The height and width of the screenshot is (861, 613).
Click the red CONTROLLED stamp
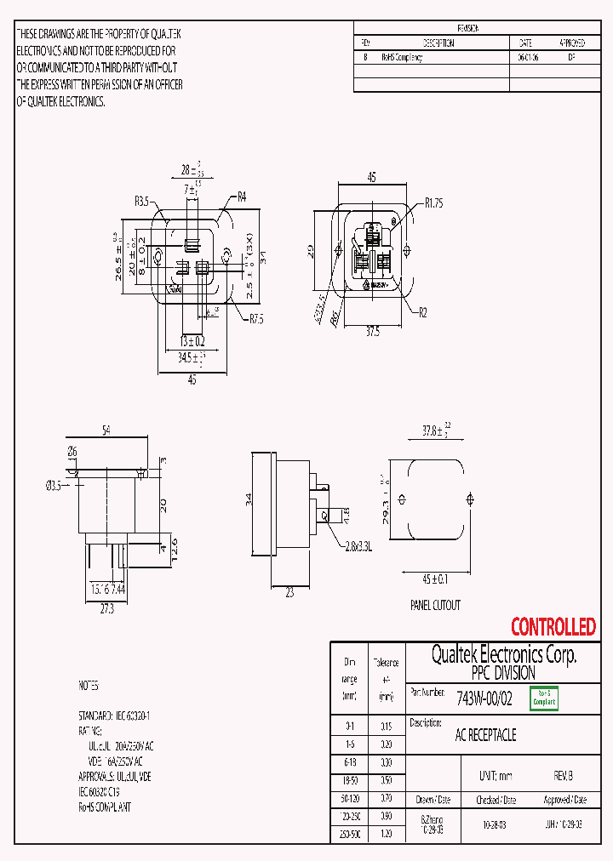[553, 628]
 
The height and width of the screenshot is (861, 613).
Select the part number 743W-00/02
[484, 699]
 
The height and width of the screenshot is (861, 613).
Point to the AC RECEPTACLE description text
[486, 735]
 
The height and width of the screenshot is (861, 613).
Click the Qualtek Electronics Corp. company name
[504, 655]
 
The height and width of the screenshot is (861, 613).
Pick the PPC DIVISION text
[503, 673]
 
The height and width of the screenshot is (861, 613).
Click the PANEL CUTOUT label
[434, 605]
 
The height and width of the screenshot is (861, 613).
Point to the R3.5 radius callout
[142, 202]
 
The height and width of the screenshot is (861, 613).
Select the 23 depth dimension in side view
[289, 594]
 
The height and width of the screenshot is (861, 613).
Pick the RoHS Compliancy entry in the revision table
[402, 58]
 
